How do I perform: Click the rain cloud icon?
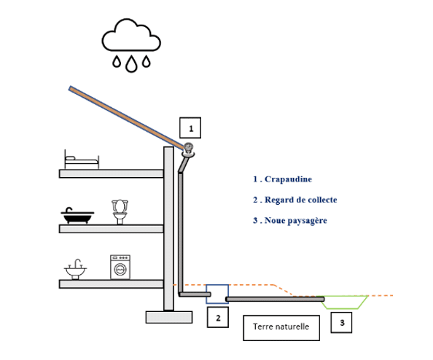click(131, 35)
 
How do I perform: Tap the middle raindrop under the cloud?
click(131, 64)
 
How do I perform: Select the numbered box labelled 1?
click(190, 128)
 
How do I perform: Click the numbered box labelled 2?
click(218, 318)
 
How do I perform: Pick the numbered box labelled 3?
click(341, 322)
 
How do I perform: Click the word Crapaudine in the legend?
click(288, 179)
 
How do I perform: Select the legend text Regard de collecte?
click(301, 200)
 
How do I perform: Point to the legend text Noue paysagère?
click(296, 221)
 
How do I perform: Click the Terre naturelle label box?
click(281, 328)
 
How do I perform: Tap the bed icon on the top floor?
click(82, 160)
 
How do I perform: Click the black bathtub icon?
click(77, 216)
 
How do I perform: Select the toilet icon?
click(120, 212)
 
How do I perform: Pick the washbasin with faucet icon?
click(75, 269)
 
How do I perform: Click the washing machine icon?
click(120, 267)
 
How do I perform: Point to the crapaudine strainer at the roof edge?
click(188, 150)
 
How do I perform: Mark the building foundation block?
click(169, 317)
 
